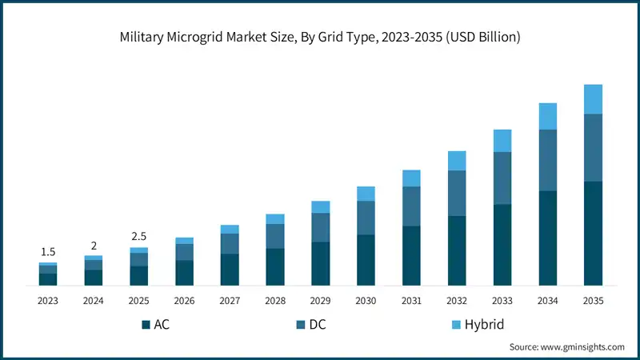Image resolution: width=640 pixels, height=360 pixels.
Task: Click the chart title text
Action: click(320, 38)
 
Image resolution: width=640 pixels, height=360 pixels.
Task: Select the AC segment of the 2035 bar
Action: click(593, 233)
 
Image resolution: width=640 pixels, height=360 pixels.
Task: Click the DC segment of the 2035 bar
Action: click(593, 147)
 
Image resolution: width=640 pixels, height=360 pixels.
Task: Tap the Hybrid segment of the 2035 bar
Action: click(593, 99)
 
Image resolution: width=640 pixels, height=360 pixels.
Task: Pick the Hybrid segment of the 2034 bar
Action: click(547, 116)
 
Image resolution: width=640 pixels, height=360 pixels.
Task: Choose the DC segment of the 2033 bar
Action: click(502, 178)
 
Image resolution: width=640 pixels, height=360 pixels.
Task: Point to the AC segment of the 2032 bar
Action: click(457, 250)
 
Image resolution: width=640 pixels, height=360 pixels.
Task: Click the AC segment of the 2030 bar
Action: click(366, 260)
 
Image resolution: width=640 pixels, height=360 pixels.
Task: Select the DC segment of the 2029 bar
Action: click(320, 227)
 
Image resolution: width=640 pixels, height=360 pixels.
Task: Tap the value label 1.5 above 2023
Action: click(48, 252)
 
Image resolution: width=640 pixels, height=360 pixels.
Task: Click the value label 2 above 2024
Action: click(94, 246)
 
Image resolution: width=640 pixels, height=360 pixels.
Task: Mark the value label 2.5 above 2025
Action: click(139, 237)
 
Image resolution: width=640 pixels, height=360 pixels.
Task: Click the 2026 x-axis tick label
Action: click(184, 301)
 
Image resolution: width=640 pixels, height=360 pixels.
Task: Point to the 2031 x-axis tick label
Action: click(411, 301)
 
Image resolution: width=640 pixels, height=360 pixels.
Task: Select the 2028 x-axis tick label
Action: click(275, 301)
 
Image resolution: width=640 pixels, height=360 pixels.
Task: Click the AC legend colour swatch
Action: click(146, 325)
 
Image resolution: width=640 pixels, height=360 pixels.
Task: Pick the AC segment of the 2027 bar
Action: click(230, 270)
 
